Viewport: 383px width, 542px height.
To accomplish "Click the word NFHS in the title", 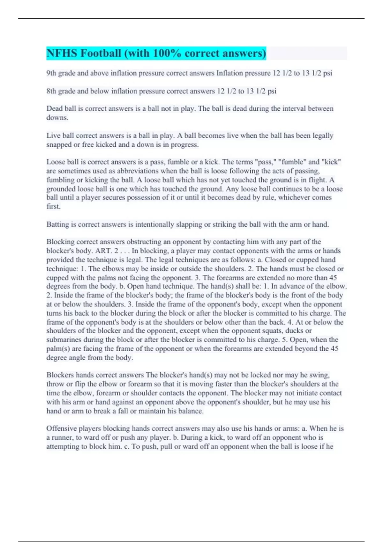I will click(x=62, y=53).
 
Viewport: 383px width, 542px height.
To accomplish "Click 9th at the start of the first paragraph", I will click(x=51, y=73).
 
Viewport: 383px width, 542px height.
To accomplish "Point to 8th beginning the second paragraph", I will click(x=51, y=91).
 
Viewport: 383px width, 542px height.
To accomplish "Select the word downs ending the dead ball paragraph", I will click(x=57, y=118).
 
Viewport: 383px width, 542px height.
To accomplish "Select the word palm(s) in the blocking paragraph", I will click(x=58, y=349).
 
